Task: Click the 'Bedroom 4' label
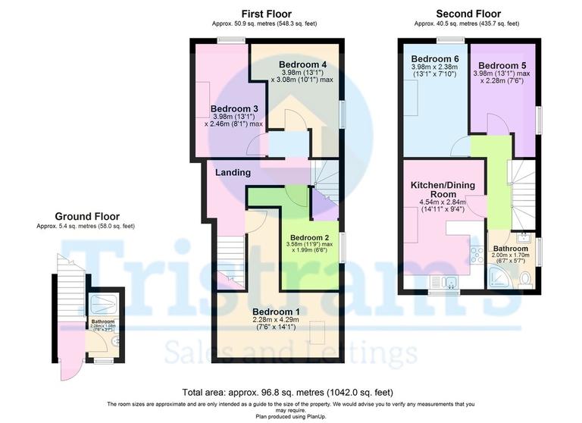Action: coord(302,64)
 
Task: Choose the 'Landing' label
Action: coord(233,173)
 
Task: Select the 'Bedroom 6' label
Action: coord(435,58)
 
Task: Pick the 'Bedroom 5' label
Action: coord(502,65)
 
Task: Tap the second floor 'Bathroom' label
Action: coord(511,248)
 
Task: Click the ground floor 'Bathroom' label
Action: coord(103,321)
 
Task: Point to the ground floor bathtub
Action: coord(103,304)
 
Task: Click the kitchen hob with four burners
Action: coord(477,254)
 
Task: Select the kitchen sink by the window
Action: coord(450,283)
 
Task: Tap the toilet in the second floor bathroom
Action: coord(526,280)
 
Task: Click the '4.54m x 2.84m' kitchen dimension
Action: coord(440,202)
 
